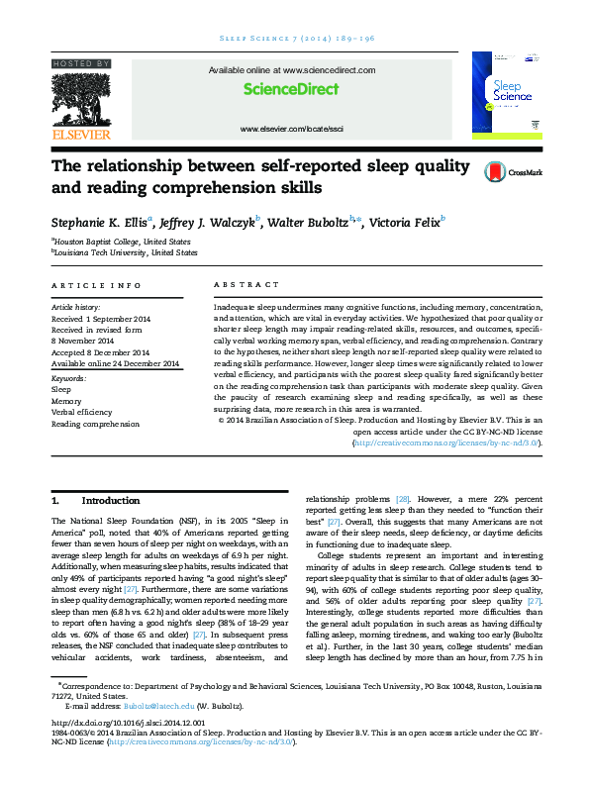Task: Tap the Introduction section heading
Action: pyautogui.click(x=111, y=500)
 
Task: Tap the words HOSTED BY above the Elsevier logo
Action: pyautogui.click(x=80, y=62)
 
